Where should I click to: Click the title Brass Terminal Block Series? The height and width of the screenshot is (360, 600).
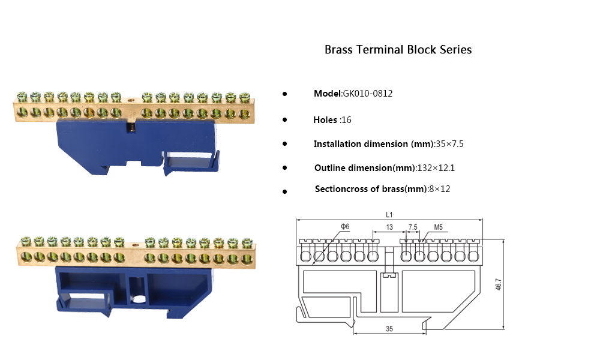point(398,50)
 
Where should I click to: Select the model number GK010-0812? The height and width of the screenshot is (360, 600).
point(367,94)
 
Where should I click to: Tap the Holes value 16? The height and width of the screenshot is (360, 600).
point(346,120)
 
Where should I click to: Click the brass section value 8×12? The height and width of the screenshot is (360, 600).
point(439,189)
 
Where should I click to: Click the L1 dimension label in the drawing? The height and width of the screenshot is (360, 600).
point(389,214)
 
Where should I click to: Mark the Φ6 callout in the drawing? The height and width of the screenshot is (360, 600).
point(345,226)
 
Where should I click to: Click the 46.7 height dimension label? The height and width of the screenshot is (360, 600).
point(499,284)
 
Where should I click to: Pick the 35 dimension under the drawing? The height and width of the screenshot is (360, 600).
point(389,329)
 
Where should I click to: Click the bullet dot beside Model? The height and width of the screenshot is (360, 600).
point(284,94)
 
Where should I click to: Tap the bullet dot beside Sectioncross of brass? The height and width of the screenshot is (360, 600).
point(284,191)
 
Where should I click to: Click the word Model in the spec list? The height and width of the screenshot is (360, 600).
point(327,94)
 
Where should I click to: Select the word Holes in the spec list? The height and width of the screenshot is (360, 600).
point(325,120)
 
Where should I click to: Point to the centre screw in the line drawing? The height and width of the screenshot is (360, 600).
point(389,277)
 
